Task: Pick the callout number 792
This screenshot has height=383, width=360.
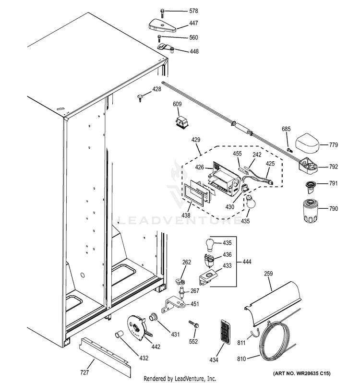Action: [334, 167]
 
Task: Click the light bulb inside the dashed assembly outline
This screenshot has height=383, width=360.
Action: [248, 203]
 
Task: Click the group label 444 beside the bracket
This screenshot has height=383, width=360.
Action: [247, 262]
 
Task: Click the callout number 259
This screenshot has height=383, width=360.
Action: [268, 274]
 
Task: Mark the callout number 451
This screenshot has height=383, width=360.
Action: [194, 304]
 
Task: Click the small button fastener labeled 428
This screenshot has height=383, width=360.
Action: [140, 98]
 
